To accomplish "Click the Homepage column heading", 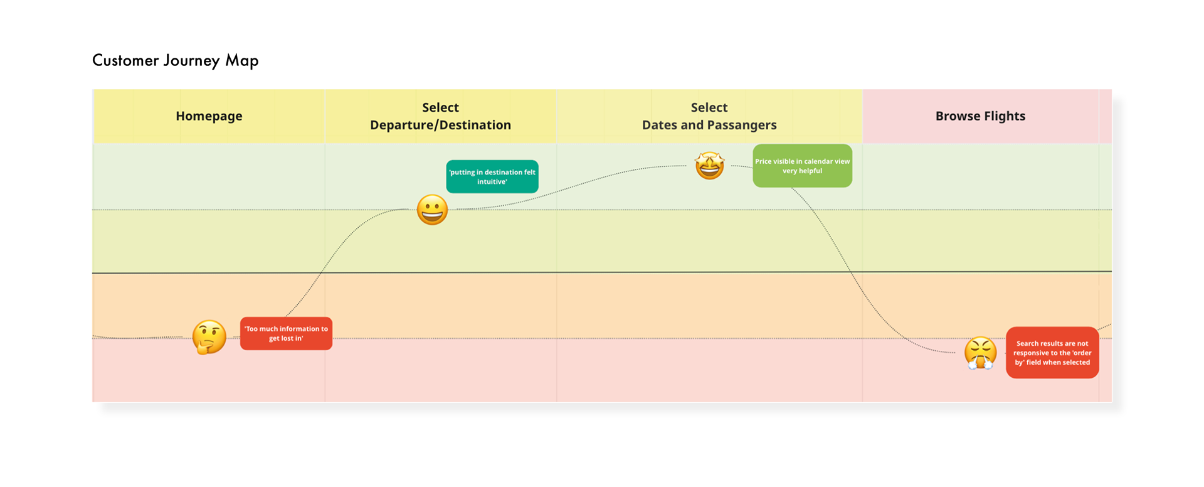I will (x=209, y=116).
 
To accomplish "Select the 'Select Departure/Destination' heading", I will (x=440, y=116).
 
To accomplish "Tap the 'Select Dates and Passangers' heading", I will (x=709, y=116).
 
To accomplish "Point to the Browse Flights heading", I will (x=980, y=116).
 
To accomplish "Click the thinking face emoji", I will (x=209, y=337).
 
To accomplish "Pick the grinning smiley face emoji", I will (x=432, y=210).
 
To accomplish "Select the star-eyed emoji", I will (x=709, y=166).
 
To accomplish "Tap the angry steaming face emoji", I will (x=980, y=353).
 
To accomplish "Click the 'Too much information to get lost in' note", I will (x=286, y=333).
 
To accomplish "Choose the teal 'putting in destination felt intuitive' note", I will (x=492, y=176).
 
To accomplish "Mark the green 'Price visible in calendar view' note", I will (x=802, y=166).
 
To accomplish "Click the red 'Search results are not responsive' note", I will (x=1052, y=353).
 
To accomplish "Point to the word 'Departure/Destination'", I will (x=440, y=126).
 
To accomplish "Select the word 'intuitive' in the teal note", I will (x=492, y=182).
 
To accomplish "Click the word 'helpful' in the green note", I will (x=811, y=171).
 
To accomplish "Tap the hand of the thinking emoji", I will (x=203, y=346).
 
